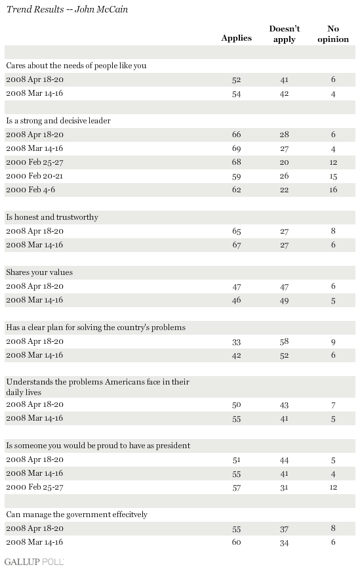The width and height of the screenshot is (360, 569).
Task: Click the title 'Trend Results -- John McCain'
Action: click(x=67, y=9)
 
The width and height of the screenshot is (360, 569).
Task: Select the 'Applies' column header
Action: click(x=236, y=39)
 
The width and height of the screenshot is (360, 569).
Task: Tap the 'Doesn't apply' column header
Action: click(x=284, y=34)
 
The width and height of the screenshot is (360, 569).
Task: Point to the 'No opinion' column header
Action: click(x=333, y=34)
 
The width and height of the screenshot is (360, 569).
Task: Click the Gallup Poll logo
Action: click(x=34, y=561)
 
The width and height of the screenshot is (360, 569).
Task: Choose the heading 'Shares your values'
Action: click(x=39, y=272)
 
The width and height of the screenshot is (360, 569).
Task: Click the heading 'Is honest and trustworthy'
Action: click(x=52, y=217)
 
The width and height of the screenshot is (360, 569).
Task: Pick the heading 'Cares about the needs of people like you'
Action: click(x=76, y=66)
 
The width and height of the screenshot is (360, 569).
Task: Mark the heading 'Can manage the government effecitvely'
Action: click(x=77, y=515)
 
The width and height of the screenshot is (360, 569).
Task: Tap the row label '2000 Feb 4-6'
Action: click(x=30, y=190)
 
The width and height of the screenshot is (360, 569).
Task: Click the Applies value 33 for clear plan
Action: click(x=236, y=342)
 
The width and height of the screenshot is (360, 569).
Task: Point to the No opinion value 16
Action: click(x=333, y=190)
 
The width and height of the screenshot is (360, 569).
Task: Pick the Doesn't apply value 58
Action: click(x=284, y=342)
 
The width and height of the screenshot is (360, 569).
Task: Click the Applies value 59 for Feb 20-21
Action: click(x=236, y=177)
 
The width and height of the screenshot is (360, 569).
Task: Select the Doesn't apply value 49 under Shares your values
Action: click(x=284, y=301)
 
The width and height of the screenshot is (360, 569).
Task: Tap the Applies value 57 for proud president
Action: click(x=236, y=488)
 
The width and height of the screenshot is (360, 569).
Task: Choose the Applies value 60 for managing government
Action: click(x=236, y=543)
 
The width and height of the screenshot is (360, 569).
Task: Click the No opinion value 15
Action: click(x=333, y=177)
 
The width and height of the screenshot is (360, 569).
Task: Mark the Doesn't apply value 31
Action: click(x=284, y=488)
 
